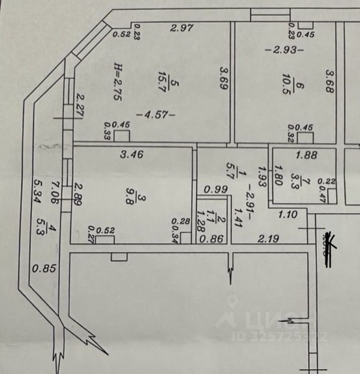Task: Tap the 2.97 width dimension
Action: pos(182,28)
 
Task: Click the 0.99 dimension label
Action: pos(216,190)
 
